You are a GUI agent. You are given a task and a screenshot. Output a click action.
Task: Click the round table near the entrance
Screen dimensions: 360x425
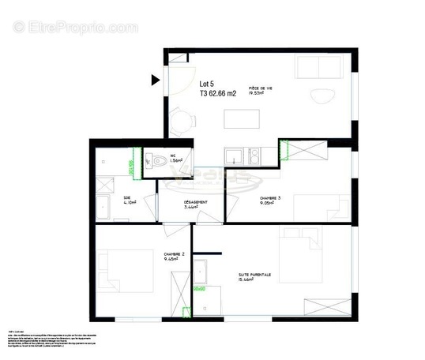point(182,123)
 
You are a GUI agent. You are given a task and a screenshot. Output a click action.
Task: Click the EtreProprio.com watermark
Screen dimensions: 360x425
point(75,28)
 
